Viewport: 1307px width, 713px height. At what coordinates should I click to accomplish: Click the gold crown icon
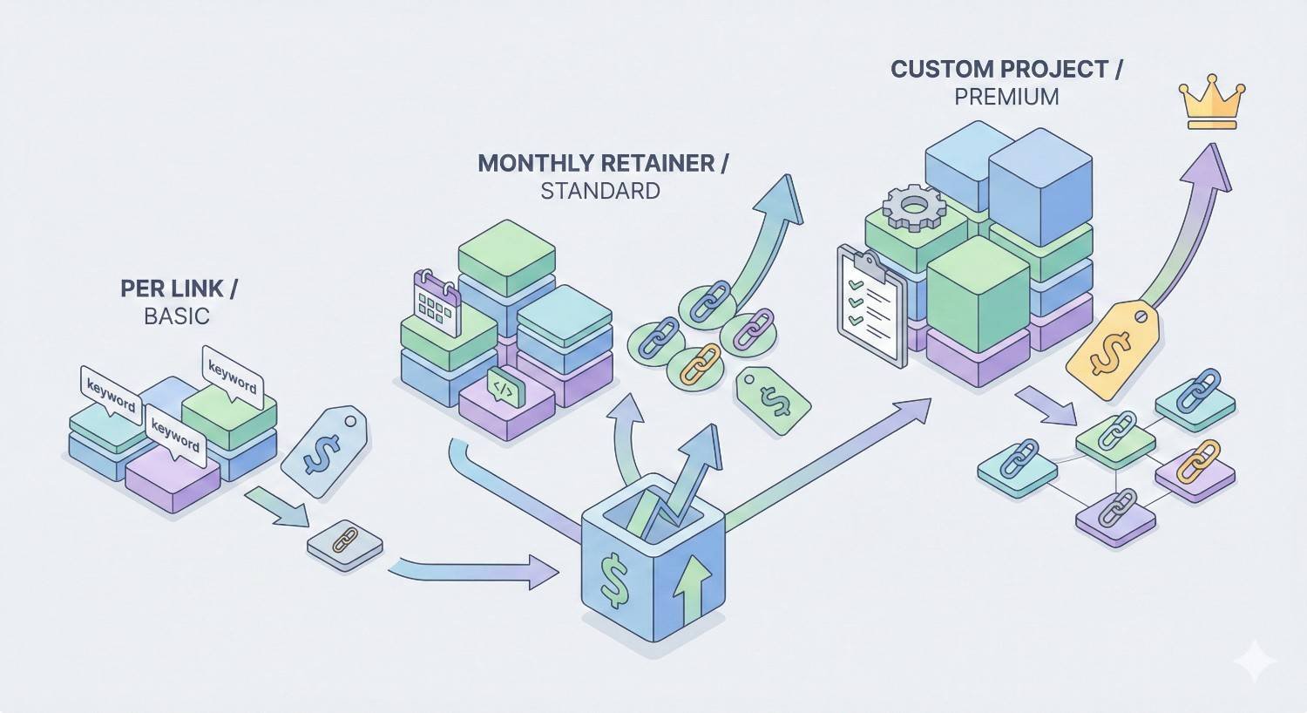coord(1212,105)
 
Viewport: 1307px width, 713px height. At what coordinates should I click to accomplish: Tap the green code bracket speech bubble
coord(504,385)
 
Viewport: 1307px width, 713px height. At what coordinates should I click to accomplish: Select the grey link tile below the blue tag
coord(345,546)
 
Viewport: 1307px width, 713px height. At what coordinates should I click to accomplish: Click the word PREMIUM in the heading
coord(1006,97)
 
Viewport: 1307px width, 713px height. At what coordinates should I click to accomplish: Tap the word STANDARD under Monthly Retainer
coord(599,191)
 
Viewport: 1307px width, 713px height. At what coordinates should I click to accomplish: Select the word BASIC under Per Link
coord(177,316)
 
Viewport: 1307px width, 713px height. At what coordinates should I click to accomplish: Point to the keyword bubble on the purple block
coord(175,435)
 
